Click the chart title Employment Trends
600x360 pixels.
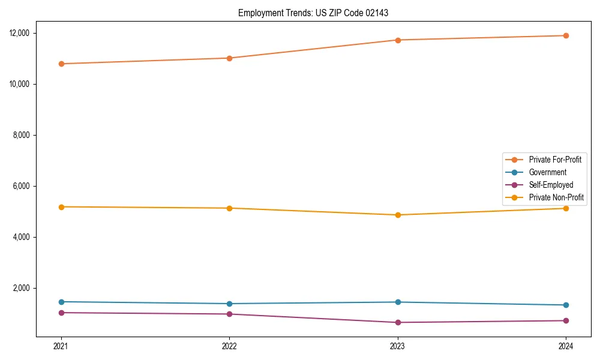pyautogui.click(x=313, y=13)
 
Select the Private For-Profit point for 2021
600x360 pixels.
pyautogui.click(x=61, y=64)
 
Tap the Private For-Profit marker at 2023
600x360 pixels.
pyautogui.click(x=398, y=40)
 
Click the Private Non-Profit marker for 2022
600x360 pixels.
pyautogui.click(x=229, y=208)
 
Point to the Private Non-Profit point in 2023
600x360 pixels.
pyautogui.click(x=398, y=215)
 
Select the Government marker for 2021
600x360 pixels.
pyautogui.click(x=61, y=302)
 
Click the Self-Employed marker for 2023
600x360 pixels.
pyautogui.click(x=398, y=323)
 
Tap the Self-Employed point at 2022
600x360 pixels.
pyautogui.click(x=229, y=314)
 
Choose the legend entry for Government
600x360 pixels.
pyautogui.click(x=547, y=172)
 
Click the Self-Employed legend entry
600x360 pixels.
pyautogui.click(x=551, y=185)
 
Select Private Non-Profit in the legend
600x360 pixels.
pyautogui.click(x=556, y=197)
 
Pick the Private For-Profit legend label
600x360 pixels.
pyautogui.click(x=554, y=160)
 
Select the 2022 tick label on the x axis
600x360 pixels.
pyautogui.click(x=229, y=346)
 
